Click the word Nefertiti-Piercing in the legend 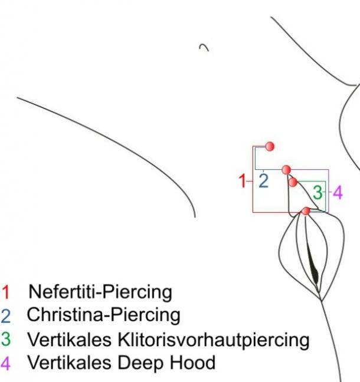point(100,292)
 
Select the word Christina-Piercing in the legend point(103,315)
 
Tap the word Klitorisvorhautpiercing point(214,340)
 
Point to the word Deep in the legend point(140,363)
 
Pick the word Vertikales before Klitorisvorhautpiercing point(70,340)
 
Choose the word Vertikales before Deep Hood point(70,363)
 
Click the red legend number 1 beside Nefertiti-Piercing point(6,292)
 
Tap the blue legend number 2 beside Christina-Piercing point(6,316)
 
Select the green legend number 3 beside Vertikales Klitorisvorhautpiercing point(6,339)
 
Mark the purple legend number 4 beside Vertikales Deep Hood point(6,363)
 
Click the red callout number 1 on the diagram point(242,181)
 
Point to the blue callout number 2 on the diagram point(263,181)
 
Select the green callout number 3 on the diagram point(318,192)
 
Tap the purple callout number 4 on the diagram point(338,192)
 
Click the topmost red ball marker point(270,146)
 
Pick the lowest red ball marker point(306,211)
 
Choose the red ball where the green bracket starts point(293,182)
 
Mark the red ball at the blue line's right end point(286,170)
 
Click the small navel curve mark point(204,47)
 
